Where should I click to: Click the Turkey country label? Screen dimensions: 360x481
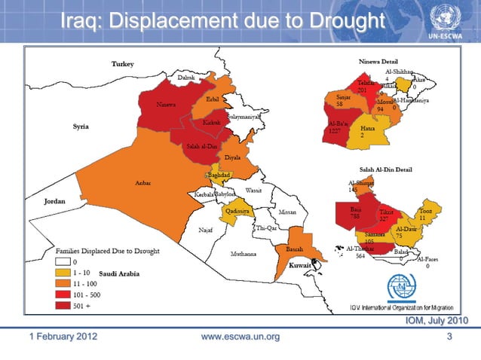point(122,65)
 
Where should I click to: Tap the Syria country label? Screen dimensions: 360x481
point(81,127)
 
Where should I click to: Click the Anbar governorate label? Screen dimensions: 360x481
point(142,183)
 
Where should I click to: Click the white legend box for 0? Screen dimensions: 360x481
point(63,261)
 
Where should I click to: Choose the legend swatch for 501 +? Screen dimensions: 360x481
point(63,307)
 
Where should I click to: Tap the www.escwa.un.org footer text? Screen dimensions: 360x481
point(241,336)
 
